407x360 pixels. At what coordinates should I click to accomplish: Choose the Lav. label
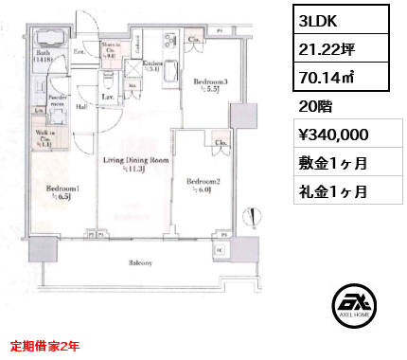[x=109, y=97]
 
